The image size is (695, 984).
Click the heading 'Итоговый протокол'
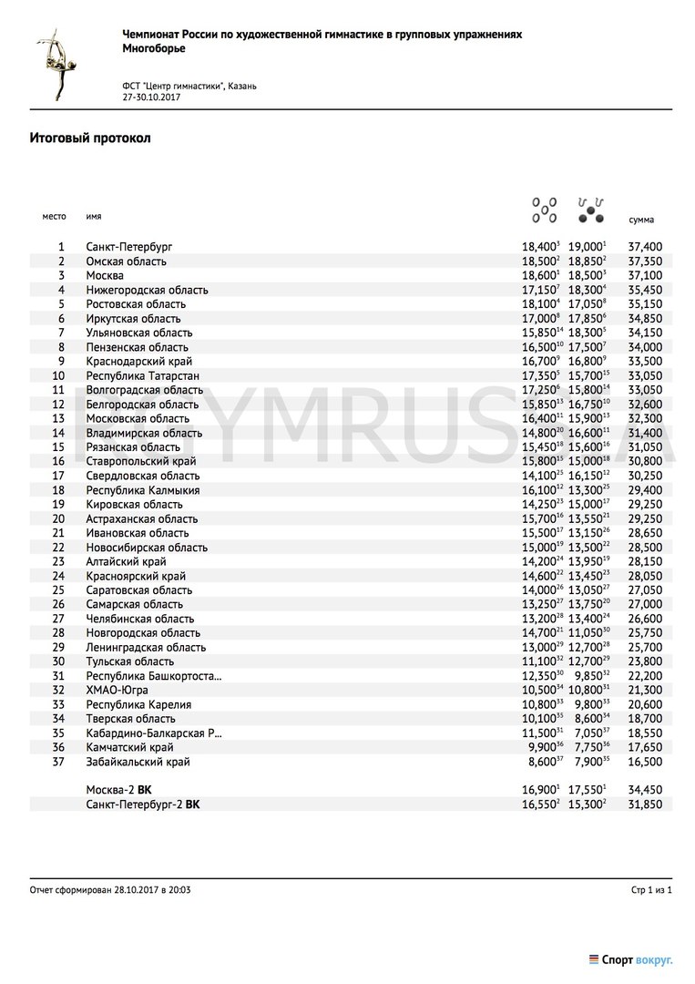point(90,138)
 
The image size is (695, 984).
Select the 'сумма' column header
point(641,220)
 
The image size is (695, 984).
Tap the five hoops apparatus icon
point(544,209)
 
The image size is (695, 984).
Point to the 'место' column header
point(55,217)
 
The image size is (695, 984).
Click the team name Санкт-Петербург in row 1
point(129,247)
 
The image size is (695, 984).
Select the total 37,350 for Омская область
point(645,261)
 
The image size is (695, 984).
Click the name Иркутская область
point(133,319)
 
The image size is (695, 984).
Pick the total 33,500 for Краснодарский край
point(645,362)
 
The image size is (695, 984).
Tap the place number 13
point(59,418)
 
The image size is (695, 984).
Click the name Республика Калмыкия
point(143,490)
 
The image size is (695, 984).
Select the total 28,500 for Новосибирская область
point(645,548)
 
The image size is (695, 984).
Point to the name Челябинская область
point(140,619)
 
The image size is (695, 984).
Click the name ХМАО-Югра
point(118,690)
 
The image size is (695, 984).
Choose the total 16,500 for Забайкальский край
point(645,762)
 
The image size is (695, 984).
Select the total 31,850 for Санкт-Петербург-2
point(645,805)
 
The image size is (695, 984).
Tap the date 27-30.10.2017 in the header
point(151,97)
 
